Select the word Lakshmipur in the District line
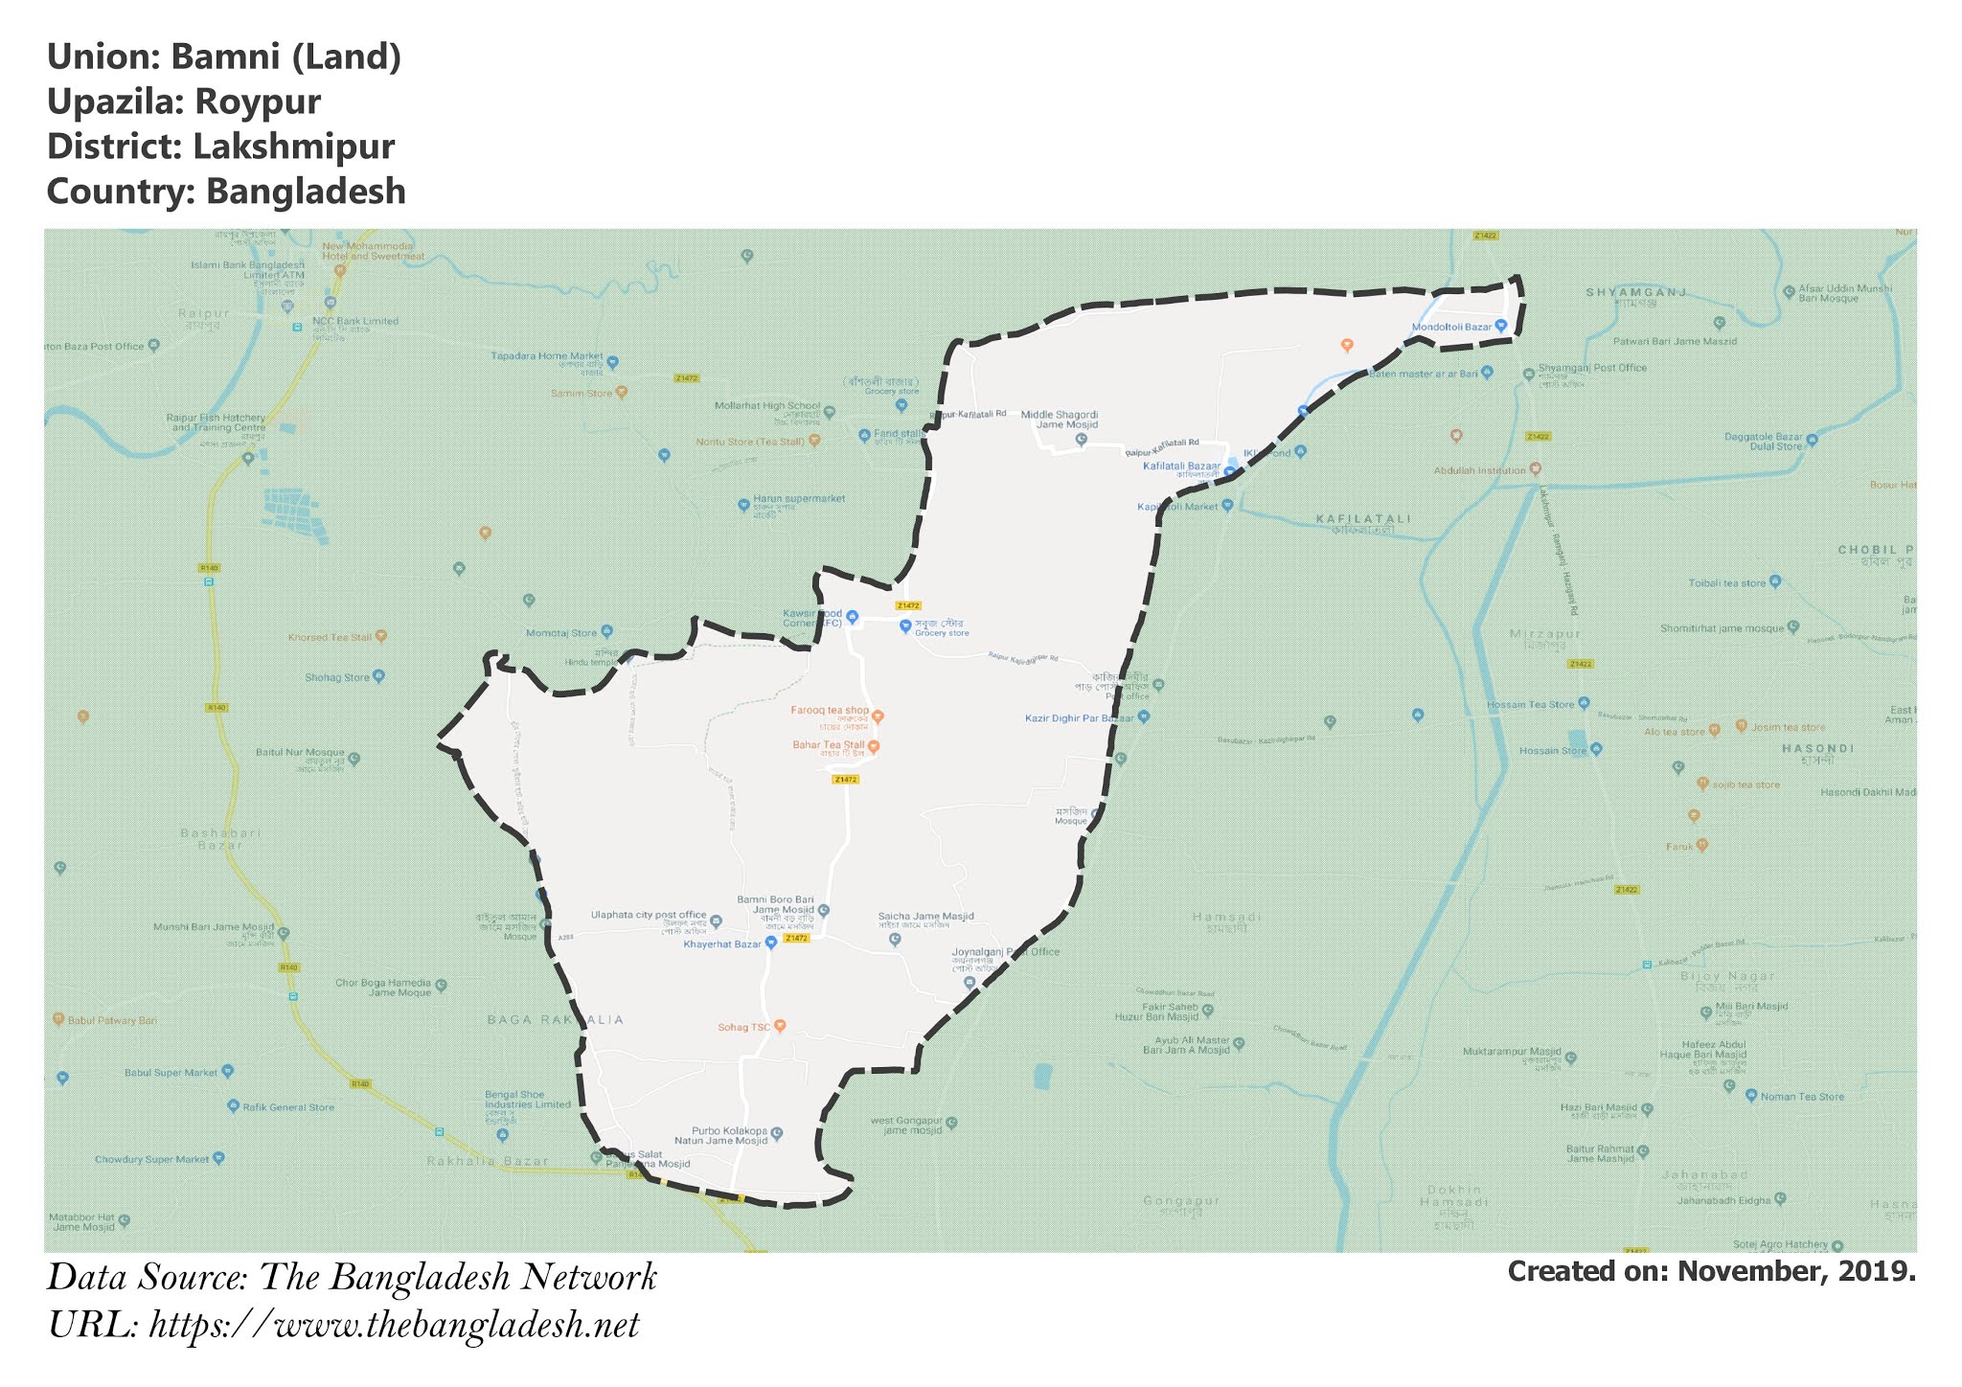pos(293,147)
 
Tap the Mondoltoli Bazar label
pos(1452,328)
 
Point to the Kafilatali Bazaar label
pos(1181,466)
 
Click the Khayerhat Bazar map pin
pos(771,944)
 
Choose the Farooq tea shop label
pos(830,711)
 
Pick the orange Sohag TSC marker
pos(780,1026)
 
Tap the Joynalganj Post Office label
pos(1006,952)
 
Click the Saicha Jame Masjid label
pos(925,917)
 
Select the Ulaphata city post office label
pos(649,916)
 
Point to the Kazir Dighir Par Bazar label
pos(1079,718)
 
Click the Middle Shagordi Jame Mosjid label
pos(1059,420)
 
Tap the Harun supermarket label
pos(799,499)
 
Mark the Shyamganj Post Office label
pos(1592,368)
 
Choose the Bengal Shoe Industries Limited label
pos(527,1100)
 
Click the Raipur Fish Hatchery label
pos(216,422)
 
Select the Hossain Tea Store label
pos(1530,705)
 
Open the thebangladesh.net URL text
pos(394,1326)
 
